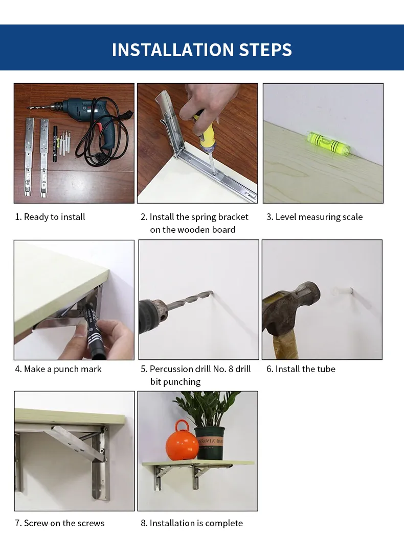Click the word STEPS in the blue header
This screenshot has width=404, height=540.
(x=264, y=50)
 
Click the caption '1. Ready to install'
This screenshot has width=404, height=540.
(x=50, y=217)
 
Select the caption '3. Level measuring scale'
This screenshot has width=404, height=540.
(x=314, y=217)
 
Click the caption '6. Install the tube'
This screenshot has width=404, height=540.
(x=301, y=369)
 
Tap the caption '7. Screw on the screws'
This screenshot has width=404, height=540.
(x=59, y=523)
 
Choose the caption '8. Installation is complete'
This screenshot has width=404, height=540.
(x=192, y=523)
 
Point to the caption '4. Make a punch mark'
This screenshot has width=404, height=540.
(x=58, y=369)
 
